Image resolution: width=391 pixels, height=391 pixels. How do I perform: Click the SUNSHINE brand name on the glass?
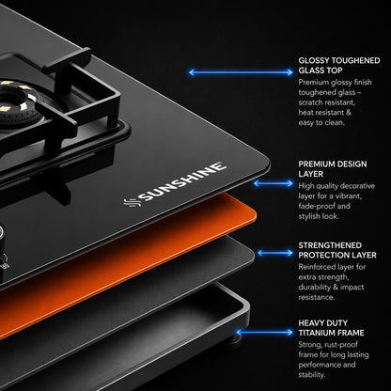pyautogui.click(x=182, y=181)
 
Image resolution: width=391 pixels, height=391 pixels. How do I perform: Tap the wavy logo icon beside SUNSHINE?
pyautogui.click(x=130, y=202)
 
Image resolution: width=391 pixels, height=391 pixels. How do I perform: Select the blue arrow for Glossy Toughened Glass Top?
pyautogui.click(x=241, y=72)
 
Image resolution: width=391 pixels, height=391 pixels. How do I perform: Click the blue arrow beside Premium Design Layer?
pyautogui.click(x=274, y=183)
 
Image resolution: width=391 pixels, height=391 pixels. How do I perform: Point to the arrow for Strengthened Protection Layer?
pyautogui.click(x=275, y=253)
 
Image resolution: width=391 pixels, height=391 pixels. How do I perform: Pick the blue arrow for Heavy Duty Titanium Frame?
pyautogui.click(x=265, y=333)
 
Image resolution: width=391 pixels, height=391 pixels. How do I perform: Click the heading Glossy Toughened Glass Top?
pyautogui.click(x=339, y=66)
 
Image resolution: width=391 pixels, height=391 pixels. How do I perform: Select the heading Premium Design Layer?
pyautogui.click(x=333, y=169)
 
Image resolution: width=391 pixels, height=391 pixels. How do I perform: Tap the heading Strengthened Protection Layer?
pyautogui.click(x=337, y=250)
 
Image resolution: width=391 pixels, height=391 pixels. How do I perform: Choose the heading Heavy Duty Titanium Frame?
pyautogui.click(x=331, y=328)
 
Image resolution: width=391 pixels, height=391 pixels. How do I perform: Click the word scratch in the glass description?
pyautogui.click(x=310, y=102)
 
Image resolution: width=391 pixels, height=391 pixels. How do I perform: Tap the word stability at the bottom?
pyautogui.click(x=312, y=375)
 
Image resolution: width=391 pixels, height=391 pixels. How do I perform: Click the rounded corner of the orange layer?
pyautogui.click(x=251, y=215)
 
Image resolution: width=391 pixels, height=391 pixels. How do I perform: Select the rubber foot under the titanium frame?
pyautogui.click(x=236, y=339)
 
